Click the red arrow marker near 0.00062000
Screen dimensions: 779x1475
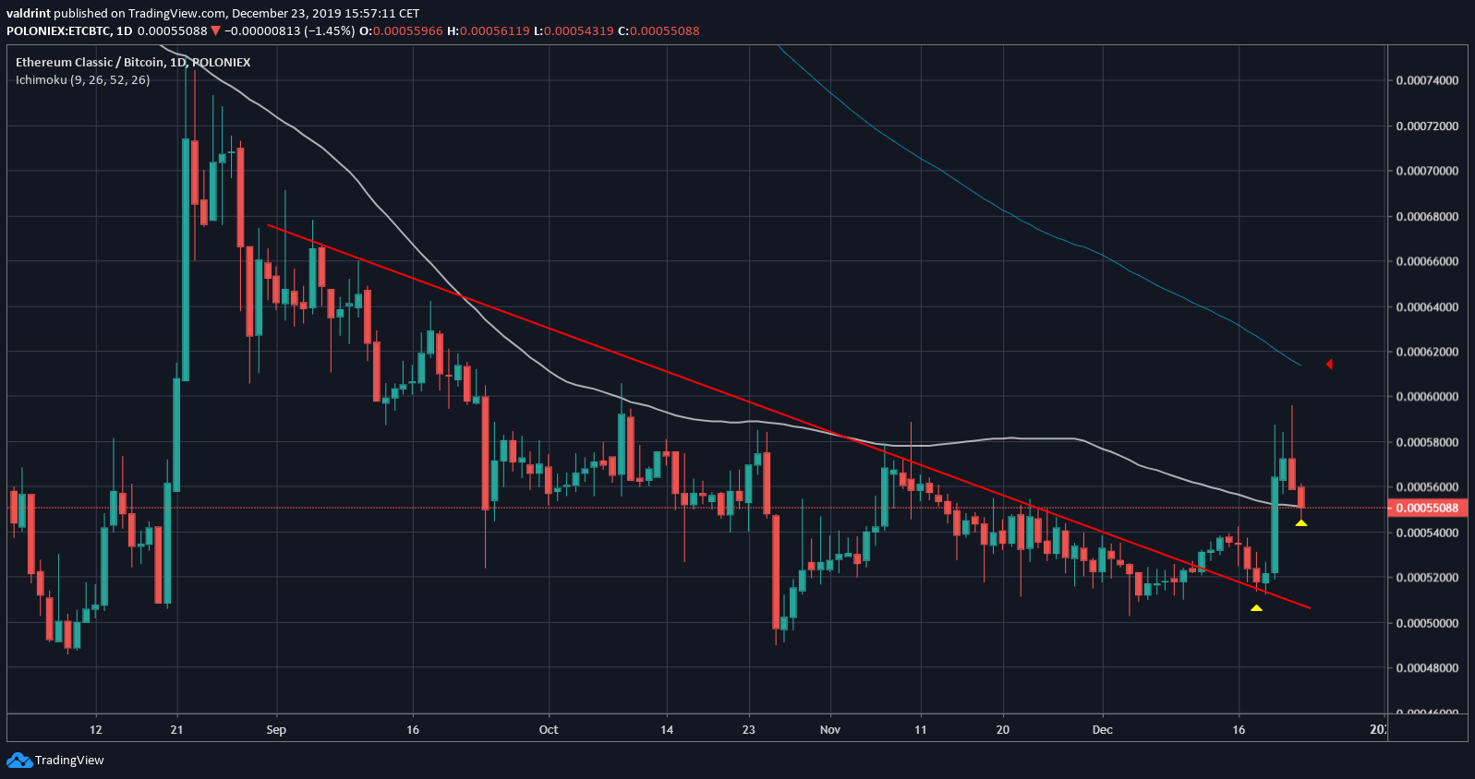pyautogui.click(x=1329, y=365)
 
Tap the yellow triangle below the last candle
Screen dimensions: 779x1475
pyautogui.click(x=1300, y=523)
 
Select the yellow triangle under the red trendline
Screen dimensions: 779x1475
pyautogui.click(x=1256, y=608)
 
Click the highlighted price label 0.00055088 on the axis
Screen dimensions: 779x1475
pyautogui.click(x=1427, y=508)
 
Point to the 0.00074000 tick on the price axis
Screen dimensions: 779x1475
pyautogui.click(x=1427, y=80)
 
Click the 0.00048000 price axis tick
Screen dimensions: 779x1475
pyautogui.click(x=1427, y=667)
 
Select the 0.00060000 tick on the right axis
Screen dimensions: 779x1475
pyautogui.click(x=1427, y=397)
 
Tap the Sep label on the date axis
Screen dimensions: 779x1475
pyautogui.click(x=276, y=730)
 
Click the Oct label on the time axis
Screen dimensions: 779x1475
pyautogui.click(x=549, y=730)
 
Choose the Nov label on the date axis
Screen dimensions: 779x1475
pyautogui.click(x=830, y=730)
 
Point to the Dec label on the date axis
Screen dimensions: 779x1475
pyautogui.click(x=1102, y=730)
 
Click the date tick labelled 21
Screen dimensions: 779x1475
pyautogui.click(x=176, y=730)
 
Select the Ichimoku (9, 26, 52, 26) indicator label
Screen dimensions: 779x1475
pyautogui.click(x=83, y=80)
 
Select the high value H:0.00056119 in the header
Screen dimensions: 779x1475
pyautogui.click(x=488, y=30)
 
